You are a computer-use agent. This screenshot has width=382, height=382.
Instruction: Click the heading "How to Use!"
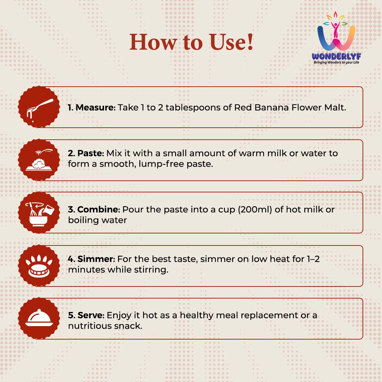click(x=191, y=42)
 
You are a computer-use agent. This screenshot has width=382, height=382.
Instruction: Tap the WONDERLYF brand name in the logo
click(x=336, y=56)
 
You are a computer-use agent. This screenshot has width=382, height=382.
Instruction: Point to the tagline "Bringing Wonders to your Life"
click(x=336, y=62)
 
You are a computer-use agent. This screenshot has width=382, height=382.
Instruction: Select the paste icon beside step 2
click(x=39, y=160)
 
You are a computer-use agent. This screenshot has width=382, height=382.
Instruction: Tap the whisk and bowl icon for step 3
click(x=39, y=214)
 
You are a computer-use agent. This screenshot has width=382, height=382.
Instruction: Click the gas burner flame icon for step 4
click(x=39, y=266)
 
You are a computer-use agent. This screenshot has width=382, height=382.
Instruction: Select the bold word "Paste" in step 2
click(x=91, y=153)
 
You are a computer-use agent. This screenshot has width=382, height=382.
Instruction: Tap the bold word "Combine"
click(x=98, y=209)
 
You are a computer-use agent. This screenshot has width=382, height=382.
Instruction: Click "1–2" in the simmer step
click(x=313, y=259)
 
